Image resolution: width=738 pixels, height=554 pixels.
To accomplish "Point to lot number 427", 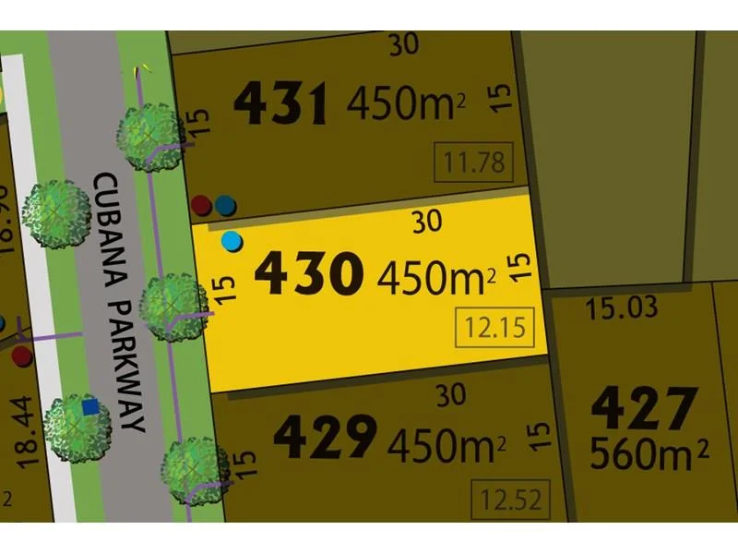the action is [x=644, y=407].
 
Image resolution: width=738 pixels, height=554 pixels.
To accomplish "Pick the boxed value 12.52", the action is [x=506, y=500].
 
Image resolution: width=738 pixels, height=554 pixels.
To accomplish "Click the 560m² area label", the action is [x=649, y=455].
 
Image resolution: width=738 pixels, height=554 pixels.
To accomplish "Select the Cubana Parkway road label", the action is [x=121, y=301].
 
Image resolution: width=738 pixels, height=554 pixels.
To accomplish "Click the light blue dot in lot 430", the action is [x=232, y=242].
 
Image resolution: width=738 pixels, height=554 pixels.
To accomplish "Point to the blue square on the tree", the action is [x=89, y=407].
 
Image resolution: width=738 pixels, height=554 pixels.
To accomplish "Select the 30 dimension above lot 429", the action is [x=450, y=395].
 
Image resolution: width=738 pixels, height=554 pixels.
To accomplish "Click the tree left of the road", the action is [x=57, y=214].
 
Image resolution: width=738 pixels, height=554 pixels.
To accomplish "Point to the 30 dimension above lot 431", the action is [x=404, y=46].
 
